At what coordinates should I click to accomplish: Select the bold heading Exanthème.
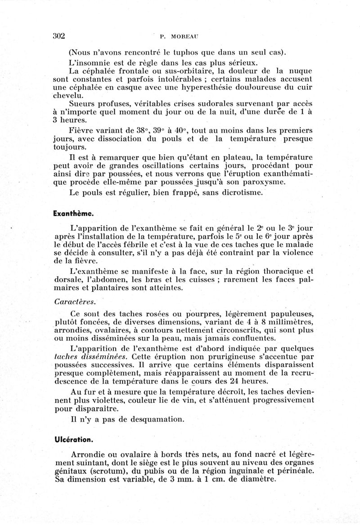click(73, 214)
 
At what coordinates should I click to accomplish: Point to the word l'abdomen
click(111, 281)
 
